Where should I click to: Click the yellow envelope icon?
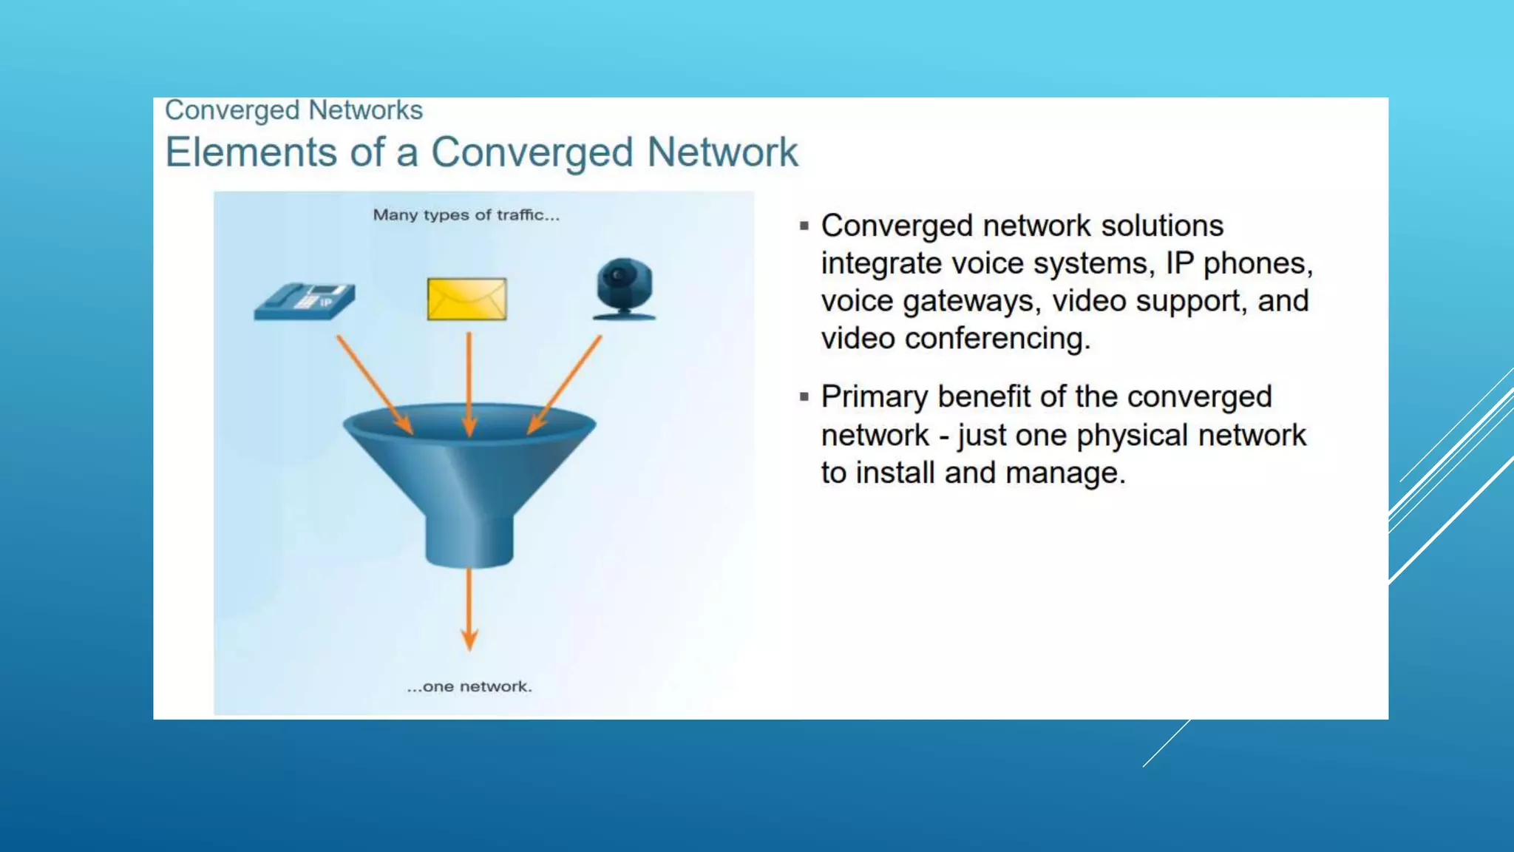(466, 299)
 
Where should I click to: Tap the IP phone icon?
(304, 300)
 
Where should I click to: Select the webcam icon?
(624, 288)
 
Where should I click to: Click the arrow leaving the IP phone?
(373, 384)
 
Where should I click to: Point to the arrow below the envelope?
(469, 384)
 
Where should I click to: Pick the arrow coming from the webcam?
(566, 384)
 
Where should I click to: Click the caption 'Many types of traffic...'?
(466, 215)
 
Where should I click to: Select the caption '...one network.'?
(469, 686)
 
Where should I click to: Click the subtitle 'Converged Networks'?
(293, 110)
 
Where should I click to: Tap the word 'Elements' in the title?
(251, 152)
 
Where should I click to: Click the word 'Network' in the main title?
(722, 152)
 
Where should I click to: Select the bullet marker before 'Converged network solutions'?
(804, 226)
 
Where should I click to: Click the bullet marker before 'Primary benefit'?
(804, 397)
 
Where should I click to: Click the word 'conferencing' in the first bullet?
(997, 339)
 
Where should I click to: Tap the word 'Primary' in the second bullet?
(874, 397)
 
